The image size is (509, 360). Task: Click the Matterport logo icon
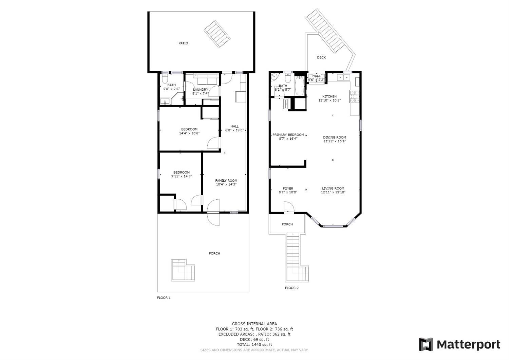[x=426, y=344]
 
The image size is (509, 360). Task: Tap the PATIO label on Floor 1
[x=183, y=43]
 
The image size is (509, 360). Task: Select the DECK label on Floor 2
[x=321, y=57]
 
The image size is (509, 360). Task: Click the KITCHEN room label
[x=329, y=96]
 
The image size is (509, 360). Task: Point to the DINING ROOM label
[x=334, y=138]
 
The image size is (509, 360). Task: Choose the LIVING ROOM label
[x=333, y=188]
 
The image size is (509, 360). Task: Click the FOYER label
[x=288, y=188]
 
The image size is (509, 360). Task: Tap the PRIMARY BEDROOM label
[x=288, y=135]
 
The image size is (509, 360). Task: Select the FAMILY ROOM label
[x=226, y=181]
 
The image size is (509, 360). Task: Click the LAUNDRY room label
[x=200, y=90]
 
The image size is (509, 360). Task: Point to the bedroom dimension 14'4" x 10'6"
[x=189, y=133]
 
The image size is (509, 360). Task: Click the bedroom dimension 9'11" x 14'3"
[x=182, y=176]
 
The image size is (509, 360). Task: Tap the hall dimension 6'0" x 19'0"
[x=234, y=130]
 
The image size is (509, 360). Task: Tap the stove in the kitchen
[x=354, y=96]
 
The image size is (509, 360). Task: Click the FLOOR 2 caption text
[x=291, y=288]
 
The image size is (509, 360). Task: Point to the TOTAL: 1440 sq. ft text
[x=254, y=344]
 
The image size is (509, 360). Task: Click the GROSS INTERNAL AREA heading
[x=254, y=324]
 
